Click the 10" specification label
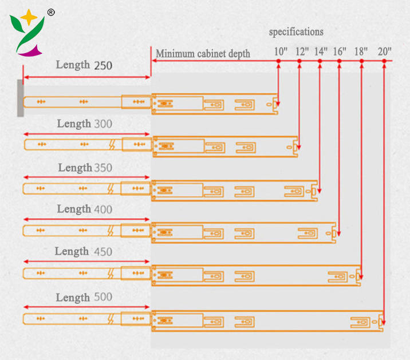[280, 51]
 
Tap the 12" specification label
[302, 51]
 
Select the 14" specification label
[321, 51]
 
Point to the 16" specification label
[340, 51]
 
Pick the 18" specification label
[361, 51]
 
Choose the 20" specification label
[385, 51]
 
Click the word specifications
[296, 32]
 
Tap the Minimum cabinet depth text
[203, 54]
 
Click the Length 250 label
[84, 65]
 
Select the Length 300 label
[85, 124]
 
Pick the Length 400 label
[85, 209]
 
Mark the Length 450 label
[84, 251]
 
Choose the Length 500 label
[84, 298]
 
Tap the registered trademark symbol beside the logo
[51, 12]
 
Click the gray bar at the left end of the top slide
[21, 98]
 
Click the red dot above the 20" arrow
[383, 61]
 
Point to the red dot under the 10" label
[278, 61]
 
